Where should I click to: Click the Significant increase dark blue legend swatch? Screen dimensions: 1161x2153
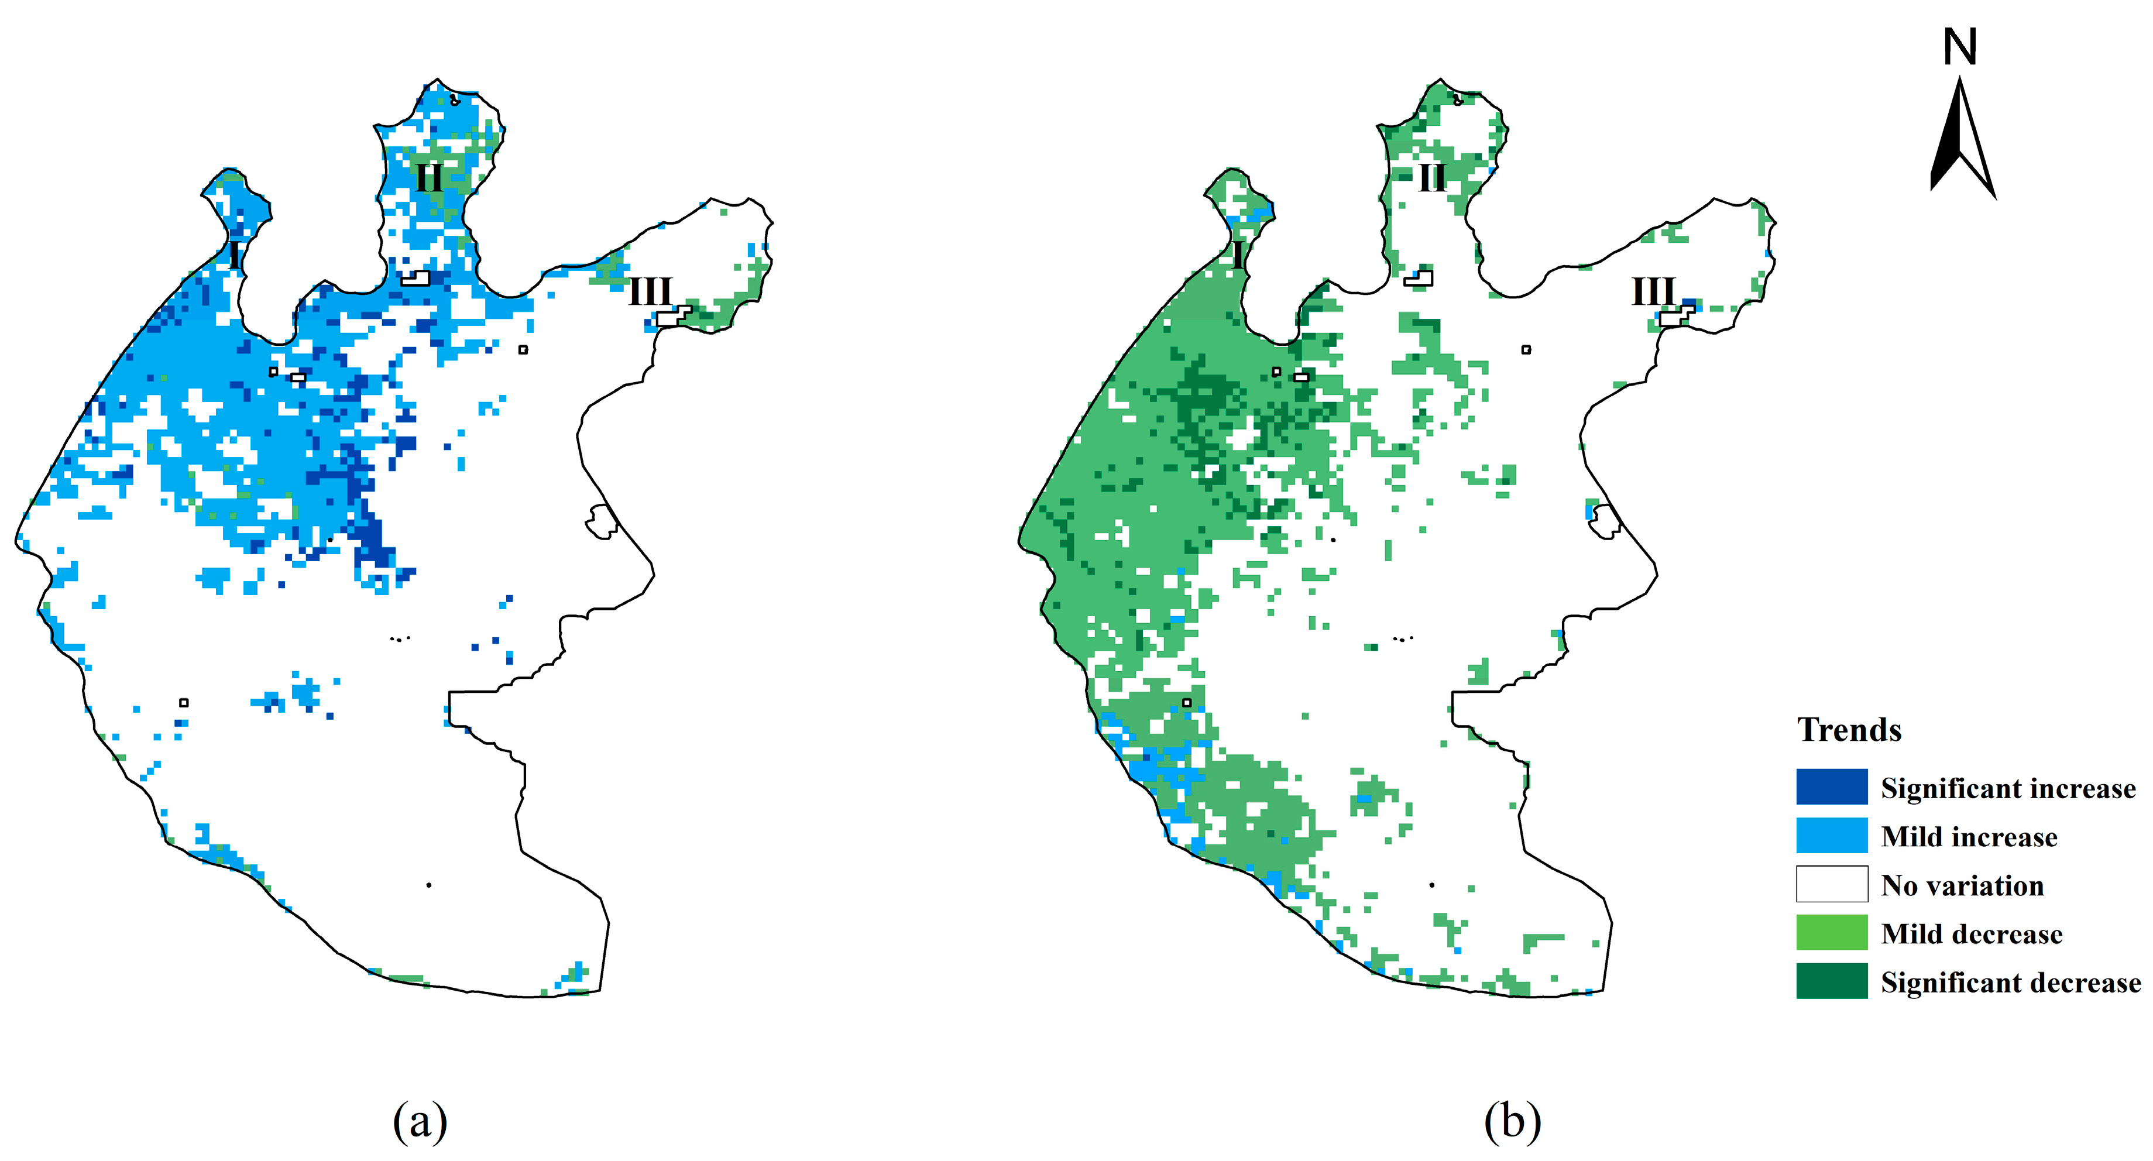point(1831,786)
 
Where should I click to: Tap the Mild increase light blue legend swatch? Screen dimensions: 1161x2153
point(1831,835)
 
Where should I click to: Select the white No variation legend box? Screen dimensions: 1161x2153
point(1831,884)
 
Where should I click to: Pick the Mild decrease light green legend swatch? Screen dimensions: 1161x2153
point(1831,932)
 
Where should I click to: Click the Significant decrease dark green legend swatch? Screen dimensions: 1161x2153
point(1831,980)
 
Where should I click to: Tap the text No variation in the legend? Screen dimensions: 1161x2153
point(1962,885)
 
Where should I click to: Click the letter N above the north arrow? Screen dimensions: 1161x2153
point(1959,47)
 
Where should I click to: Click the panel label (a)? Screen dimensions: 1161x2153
point(420,1121)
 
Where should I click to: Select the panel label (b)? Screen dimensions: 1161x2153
point(1512,1121)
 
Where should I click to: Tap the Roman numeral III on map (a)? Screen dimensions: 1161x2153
point(650,291)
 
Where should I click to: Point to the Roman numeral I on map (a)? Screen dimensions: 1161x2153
point(235,254)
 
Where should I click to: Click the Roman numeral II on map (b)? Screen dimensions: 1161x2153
point(1431,177)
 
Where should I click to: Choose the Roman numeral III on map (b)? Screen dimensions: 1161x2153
point(1653,291)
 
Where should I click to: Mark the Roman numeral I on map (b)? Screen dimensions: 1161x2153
point(1238,254)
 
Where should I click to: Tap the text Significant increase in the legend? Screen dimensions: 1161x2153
point(2007,788)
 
